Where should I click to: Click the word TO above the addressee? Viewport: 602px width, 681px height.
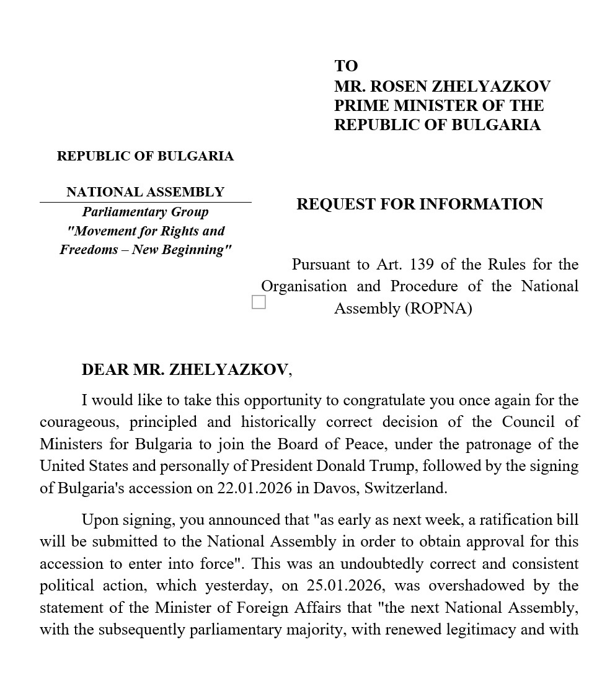coord(346,66)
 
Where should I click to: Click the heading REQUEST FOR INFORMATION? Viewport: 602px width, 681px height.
coord(420,204)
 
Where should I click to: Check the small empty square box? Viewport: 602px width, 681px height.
coord(259,302)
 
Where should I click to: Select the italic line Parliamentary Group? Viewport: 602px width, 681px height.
coord(145,212)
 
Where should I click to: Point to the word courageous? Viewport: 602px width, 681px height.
coord(79,422)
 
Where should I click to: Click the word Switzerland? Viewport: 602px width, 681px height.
coord(405,488)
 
